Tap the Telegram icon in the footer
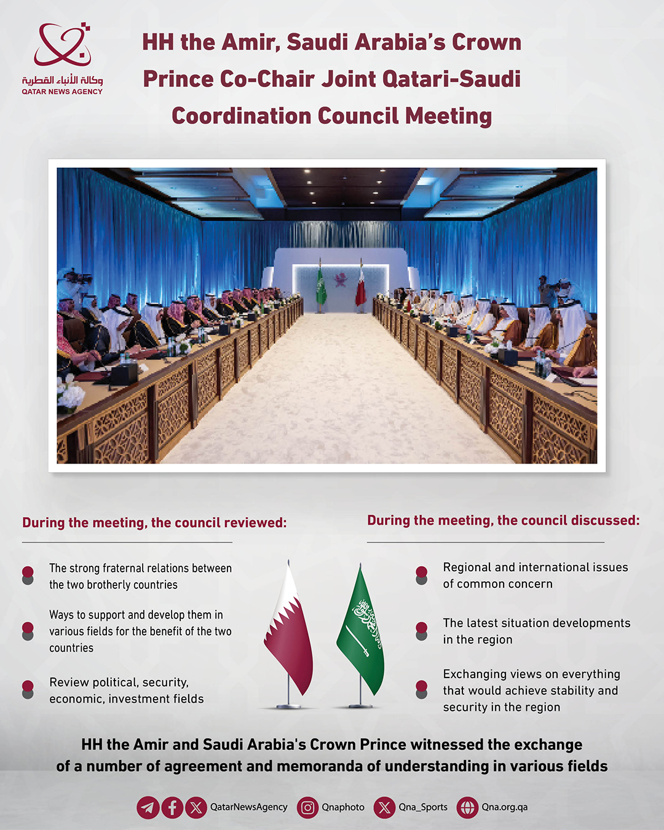(148, 807)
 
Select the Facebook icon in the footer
(172, 807)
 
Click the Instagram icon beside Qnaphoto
(307, 807)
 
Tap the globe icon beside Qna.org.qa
(467, 807)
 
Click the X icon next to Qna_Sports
(384, 807)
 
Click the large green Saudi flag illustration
(362, 633)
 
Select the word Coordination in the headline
(241, 116)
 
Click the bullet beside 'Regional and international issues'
(421, 574)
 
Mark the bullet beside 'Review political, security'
(28, 689)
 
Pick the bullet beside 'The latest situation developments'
(421, 630)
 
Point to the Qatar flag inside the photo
(361, 289)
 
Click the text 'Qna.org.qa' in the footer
(504, 807)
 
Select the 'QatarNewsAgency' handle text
(248, 807)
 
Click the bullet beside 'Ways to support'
(28, 630)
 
